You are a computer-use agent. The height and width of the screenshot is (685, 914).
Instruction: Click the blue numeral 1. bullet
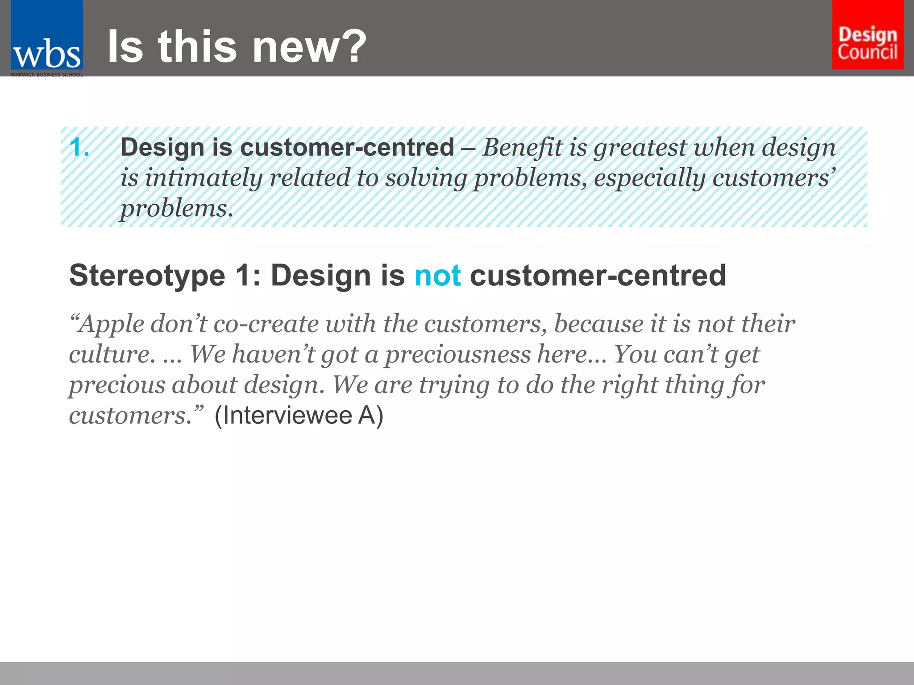(x=79, y=148)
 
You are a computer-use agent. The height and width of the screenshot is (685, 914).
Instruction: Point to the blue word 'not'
(x=437, y=275)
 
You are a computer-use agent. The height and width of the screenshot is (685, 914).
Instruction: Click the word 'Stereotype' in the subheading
(x=147, y=276)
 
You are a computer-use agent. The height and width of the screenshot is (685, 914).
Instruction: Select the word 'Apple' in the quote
(x=111, y=324)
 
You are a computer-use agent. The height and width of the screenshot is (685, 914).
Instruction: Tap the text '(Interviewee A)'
(x=299, y=416)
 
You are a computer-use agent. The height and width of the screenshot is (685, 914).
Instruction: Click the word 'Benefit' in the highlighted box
(x=522, y=148)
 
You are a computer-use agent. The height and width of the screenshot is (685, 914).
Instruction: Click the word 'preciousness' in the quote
(x=458, y=355)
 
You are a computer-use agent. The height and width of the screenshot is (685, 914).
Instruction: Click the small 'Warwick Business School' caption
(x=47, y=74)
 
